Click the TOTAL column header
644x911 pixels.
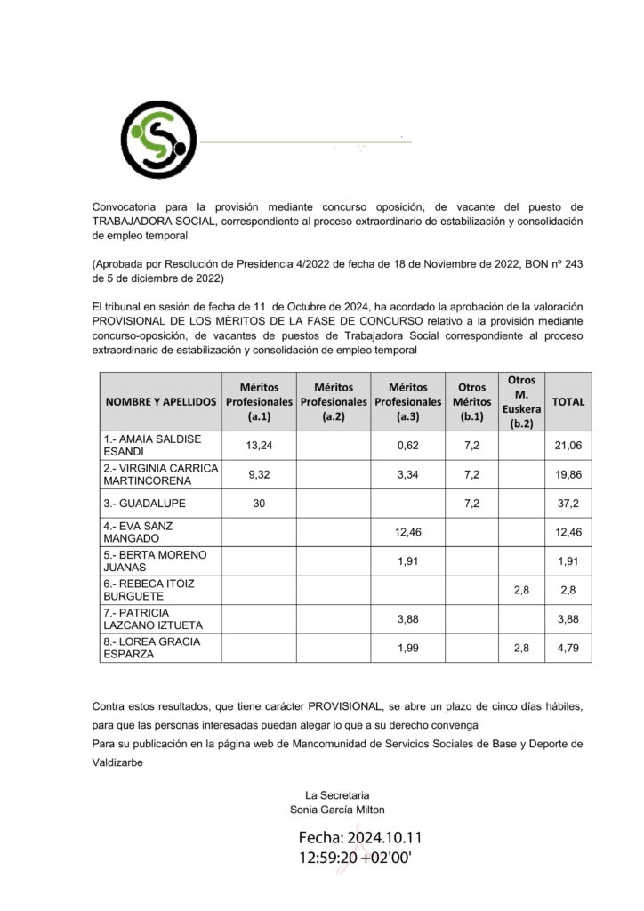click(568, 401)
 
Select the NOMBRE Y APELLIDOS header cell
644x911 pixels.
click(161, 401)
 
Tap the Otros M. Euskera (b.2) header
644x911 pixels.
click(521, 401)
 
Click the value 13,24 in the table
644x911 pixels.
click(258, 445)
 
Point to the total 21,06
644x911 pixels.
click(568, 445)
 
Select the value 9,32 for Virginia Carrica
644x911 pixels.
click(258, 474)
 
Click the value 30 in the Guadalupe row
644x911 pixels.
click(259, 503)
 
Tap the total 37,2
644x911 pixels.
click(568, 503)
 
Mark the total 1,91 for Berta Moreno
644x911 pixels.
click(568, 560)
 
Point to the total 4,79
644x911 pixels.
click(568, 648)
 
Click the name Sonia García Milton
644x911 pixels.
click(337, 810)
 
